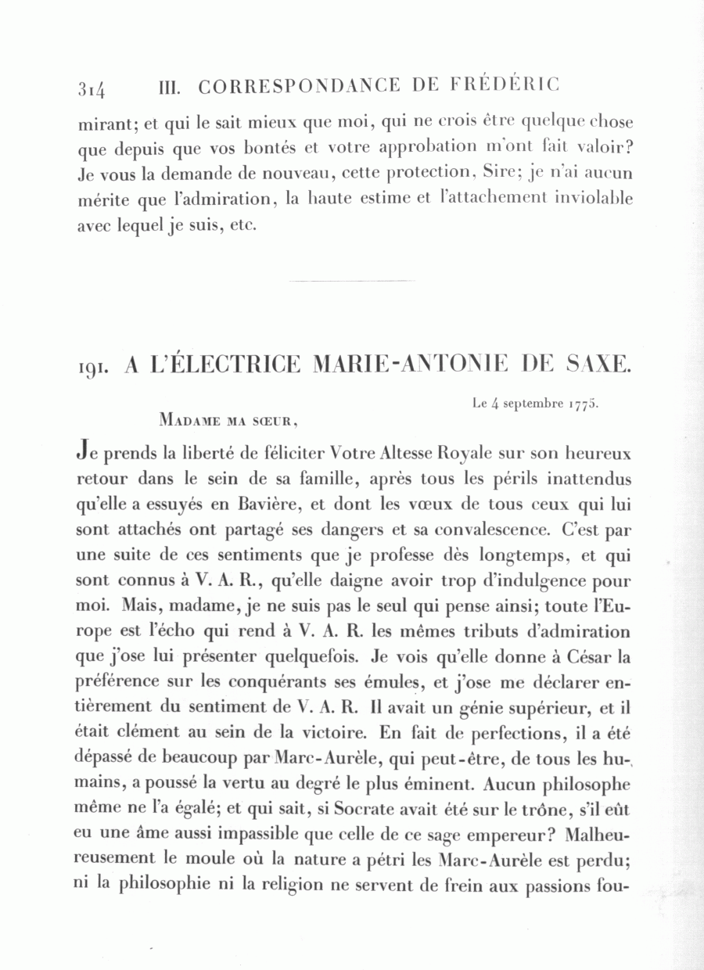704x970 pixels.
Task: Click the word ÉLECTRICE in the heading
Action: pos(222,364)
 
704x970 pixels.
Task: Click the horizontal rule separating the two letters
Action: pos(352,280)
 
